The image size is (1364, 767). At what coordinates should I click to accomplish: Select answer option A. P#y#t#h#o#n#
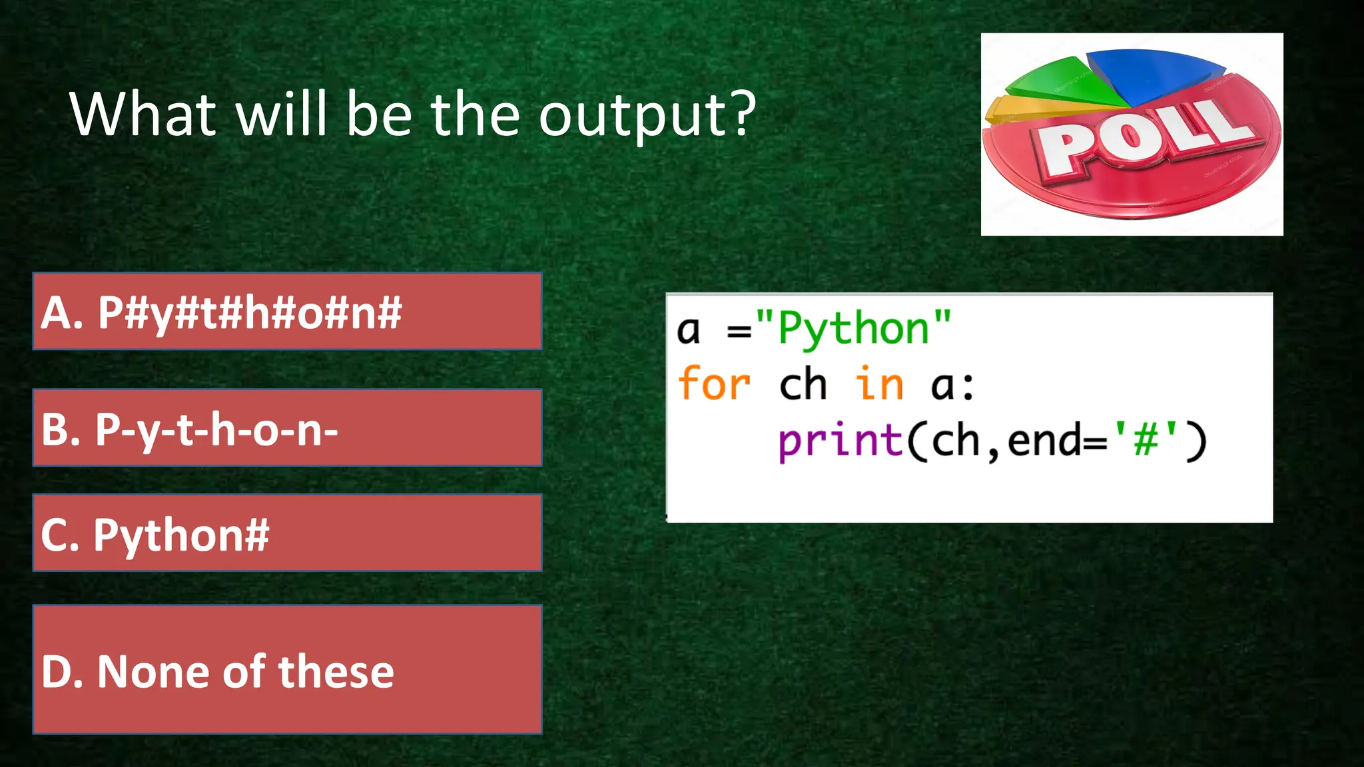(x=287, y=312)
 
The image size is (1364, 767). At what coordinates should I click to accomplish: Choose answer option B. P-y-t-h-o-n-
(x=287, y=428)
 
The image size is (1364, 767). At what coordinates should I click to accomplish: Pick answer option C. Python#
(x=287, y=533)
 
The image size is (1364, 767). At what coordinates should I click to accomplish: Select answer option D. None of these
(x=287, y=670)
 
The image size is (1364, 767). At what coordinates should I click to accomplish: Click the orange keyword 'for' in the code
(x=713, y=384)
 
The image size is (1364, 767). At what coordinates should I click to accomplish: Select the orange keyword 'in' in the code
(x=879, y=384)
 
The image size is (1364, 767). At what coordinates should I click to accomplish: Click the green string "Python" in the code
(x=854, y=328)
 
